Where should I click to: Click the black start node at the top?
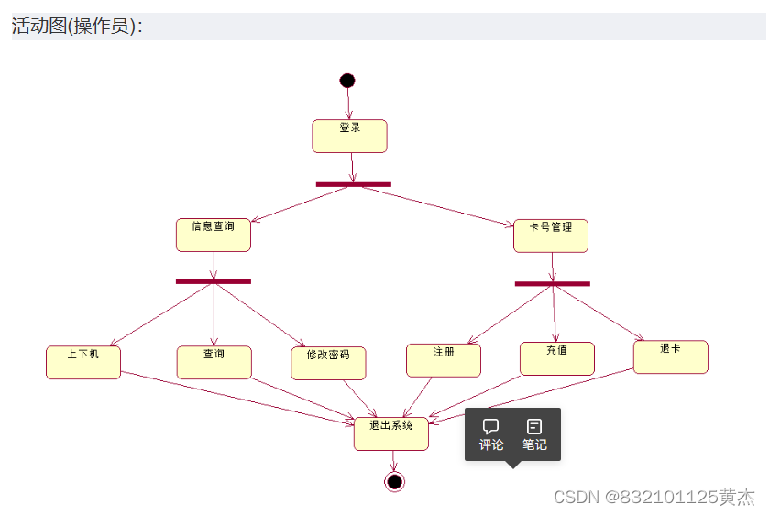(347, 81)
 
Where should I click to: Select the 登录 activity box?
(349, 136)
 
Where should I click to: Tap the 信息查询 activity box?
(214, 235)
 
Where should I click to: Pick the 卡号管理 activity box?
(551, 236)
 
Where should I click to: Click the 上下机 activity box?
(83, 362)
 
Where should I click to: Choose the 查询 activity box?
(214, 362)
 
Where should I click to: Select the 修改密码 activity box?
(328, 363)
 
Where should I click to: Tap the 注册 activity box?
(444, 360)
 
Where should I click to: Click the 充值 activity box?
(556, 358)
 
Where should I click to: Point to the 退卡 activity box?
(670, 356)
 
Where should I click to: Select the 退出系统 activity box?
(391, 433)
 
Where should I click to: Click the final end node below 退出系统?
(395, 481)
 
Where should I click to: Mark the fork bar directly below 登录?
(354, 184)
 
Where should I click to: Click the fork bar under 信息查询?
(214, 281)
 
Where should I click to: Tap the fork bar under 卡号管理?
(552, 283)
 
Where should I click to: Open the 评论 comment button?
(491, 434)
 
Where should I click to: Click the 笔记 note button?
(534, 434)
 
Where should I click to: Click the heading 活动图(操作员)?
(77, 26)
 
